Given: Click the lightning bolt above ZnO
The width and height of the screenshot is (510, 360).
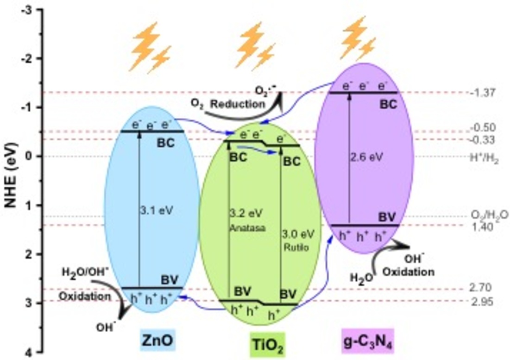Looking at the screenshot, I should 149,47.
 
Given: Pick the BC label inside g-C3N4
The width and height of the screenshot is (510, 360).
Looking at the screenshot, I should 388,104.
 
